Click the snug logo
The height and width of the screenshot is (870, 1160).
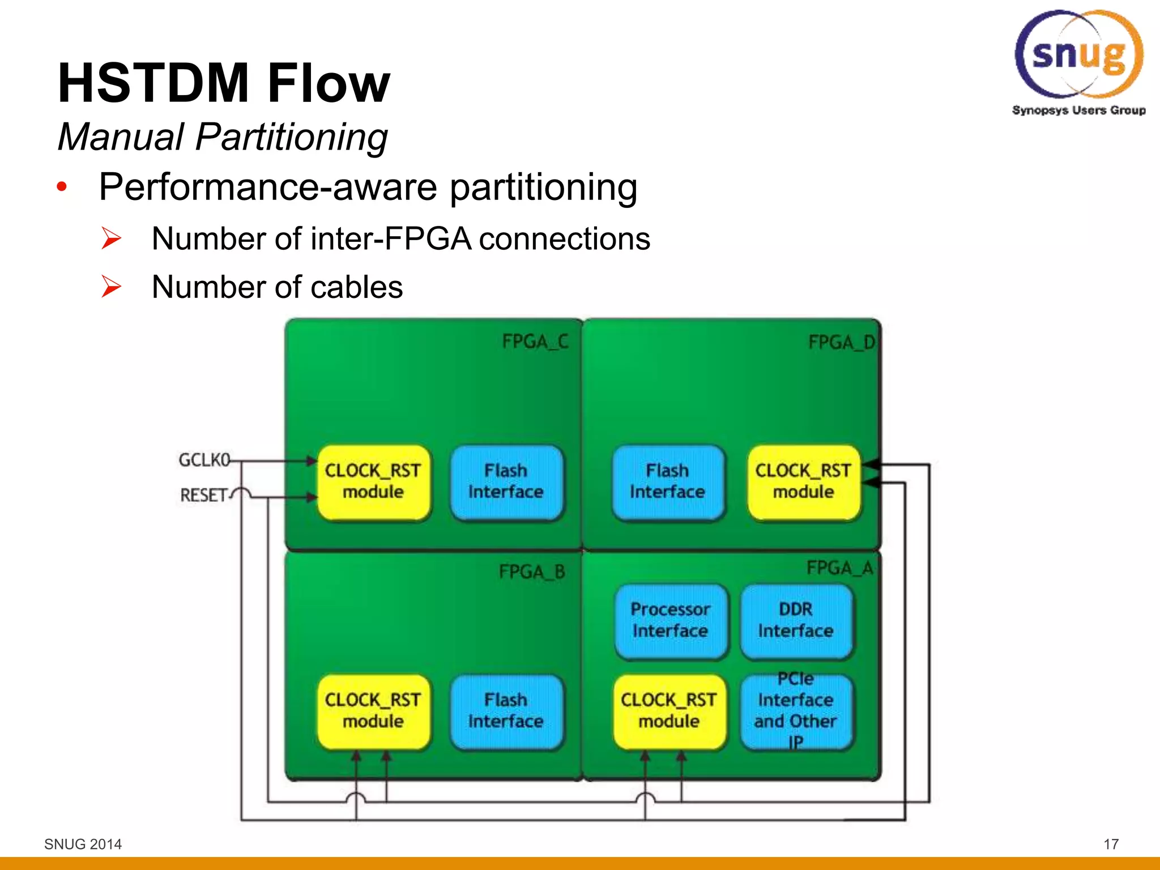click(1078, 57)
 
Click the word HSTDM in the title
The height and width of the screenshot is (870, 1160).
click(153, 84)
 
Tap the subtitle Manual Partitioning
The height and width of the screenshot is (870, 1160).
click(223, 137)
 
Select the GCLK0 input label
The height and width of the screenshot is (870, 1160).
click(204, 459)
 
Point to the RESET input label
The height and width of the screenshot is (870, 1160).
click(203, 495)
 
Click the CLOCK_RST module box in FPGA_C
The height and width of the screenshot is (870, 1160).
click(373, 482)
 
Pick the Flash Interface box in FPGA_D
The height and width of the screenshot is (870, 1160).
click(668, 482)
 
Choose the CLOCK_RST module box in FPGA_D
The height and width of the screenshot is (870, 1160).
click(803, 482)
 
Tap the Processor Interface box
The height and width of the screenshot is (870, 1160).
click(670, 621)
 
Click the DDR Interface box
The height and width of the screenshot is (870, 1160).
click(796, 621)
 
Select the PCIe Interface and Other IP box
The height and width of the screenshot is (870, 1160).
click(796, 711)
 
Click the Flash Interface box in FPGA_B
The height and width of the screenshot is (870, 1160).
click(506, 711)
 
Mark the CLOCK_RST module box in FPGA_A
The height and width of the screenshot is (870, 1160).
click(669, 711)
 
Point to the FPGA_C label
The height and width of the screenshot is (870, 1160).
click(535, 342)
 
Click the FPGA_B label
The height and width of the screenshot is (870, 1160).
click(532, 572)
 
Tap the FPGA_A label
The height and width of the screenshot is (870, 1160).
click(840, 568)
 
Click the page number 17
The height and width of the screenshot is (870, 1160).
click(1111, 845)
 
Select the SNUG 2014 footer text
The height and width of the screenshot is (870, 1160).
click(83, 845)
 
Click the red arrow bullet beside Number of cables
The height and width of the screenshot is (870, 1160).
click(111, 287)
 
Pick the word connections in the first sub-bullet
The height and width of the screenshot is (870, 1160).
click(565, 239)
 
